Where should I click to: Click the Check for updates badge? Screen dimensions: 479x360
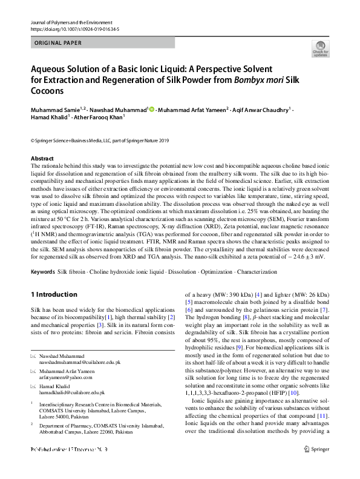click(x=320, y=48)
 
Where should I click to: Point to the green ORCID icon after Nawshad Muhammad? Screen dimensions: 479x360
click(x=151, y=110)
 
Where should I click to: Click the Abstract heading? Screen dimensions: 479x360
click(x=42, y=158)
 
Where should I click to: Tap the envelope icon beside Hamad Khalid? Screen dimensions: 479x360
click(x=33, y=386)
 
